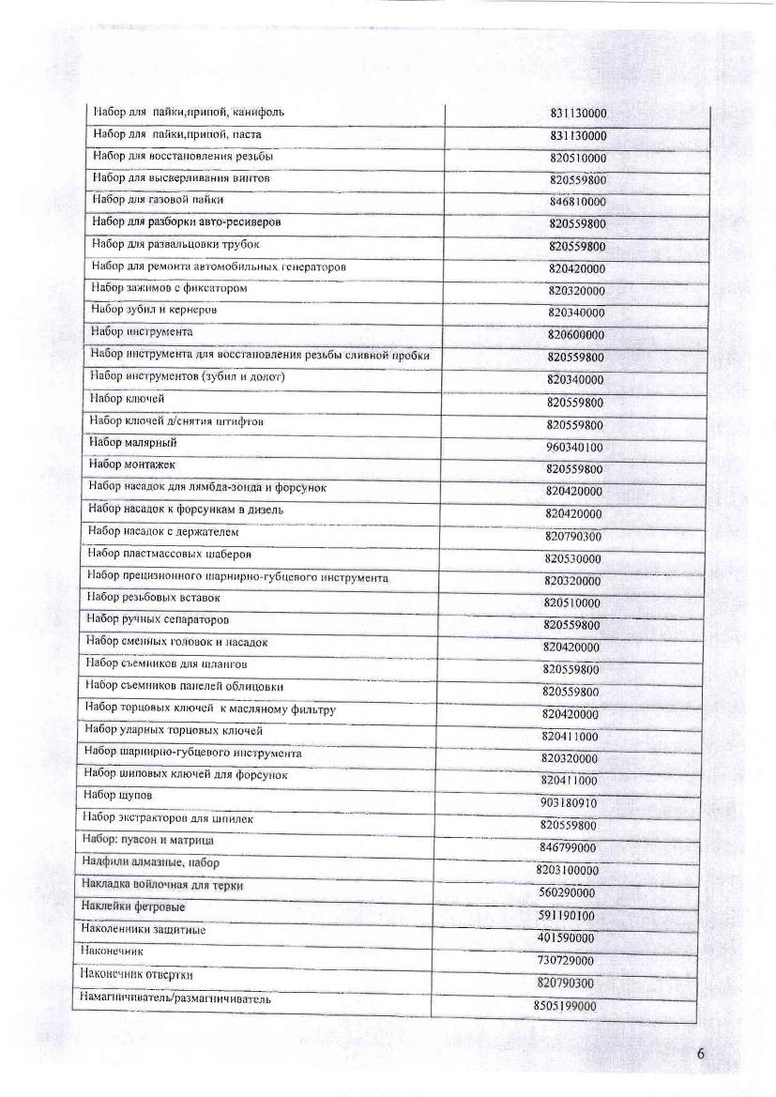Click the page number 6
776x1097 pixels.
tap(701, 1053)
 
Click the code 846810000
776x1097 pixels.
tap(577, 202)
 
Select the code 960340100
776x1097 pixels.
tap(574, 447)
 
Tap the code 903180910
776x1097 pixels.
tap(570, 803)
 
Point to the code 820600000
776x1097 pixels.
tap(576, 335)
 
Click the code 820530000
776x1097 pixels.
tap(573, 559)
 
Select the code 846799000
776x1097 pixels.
tap(569, 847)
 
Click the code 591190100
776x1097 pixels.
tap(568, 915)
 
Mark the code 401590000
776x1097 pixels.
tap(567, 937)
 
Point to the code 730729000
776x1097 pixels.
tap(567, 960)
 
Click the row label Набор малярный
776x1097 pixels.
tap(132, 442)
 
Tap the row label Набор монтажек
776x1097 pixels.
tap(131, 465)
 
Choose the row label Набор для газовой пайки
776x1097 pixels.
tap(158, 200)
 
